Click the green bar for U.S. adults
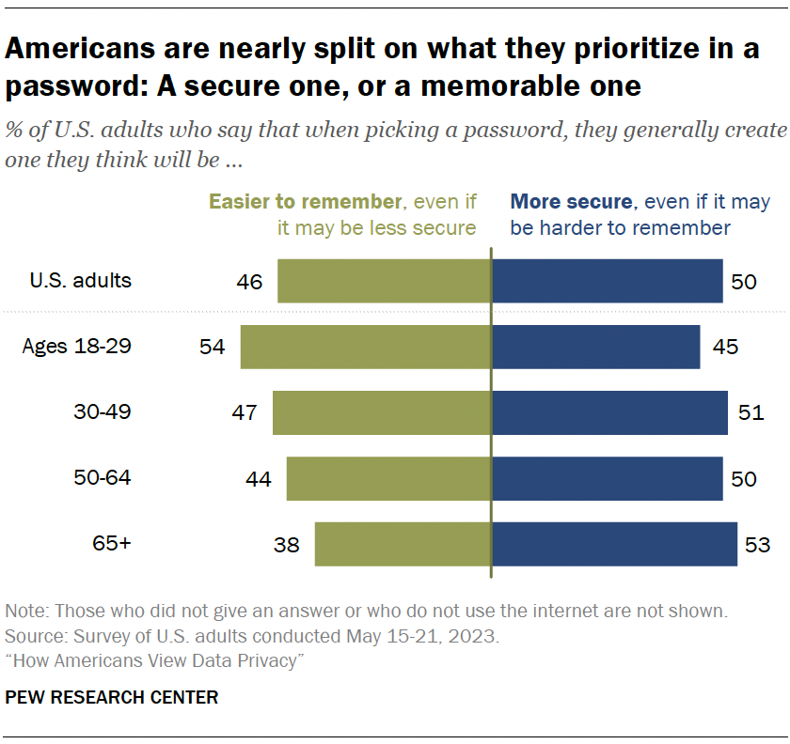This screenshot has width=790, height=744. click(x=384, y=281)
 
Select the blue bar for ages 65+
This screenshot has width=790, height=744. click(x=613, y=544)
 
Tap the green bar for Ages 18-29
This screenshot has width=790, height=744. click(x=365, y=347)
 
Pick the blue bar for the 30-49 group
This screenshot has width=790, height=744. click(x=608, y=412)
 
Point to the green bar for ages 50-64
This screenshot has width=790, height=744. click(x=388, y=478)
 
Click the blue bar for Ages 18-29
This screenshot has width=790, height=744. click(x=595, y=347)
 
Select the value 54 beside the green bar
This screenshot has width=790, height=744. click(x=213, y=347)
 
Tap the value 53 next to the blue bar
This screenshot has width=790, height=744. click(x=757, y=544)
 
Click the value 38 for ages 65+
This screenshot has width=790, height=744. click(x=287, y=544)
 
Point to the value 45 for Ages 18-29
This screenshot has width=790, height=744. click(x=725, y=347)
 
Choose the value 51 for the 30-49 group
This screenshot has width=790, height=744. click(x=751, y=412)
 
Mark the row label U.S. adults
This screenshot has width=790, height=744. click(x=81, y=280)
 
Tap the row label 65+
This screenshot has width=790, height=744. click(x=111, y=543)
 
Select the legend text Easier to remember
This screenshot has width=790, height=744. click(x=305, y=202)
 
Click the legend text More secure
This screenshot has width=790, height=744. click(x=571, y=202)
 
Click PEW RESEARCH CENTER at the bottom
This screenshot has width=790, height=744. click(x=112, y=697)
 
